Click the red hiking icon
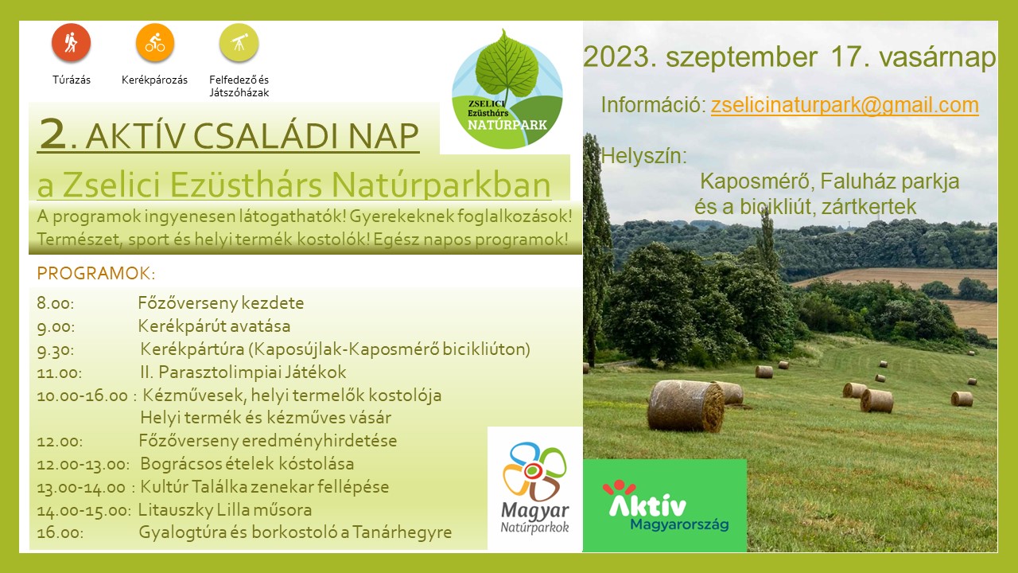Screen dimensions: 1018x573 point(71,42)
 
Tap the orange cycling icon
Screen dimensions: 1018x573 point(155,42)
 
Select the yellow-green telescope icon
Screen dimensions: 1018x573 point(239,42)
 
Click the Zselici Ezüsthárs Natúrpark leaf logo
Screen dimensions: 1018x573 point(507,90)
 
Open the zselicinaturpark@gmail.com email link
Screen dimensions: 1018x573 point(845,105)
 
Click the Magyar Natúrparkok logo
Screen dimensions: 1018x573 point(534,488)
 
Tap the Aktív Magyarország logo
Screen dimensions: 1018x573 point(665,505)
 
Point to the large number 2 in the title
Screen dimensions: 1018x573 point(52,133)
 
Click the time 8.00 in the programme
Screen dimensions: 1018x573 point(56,303)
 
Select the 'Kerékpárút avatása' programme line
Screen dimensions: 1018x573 point(214,326)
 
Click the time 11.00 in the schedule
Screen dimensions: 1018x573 point(60,372)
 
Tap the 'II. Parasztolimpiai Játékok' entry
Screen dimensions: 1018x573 point(243,372)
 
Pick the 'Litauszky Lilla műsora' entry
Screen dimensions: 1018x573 point(225,510)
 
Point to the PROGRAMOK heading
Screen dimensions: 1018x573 point(96,273)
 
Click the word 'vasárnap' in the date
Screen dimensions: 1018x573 point(938,58)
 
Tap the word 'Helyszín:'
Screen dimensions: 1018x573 point(644,156)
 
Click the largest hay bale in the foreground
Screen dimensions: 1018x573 point(686,405)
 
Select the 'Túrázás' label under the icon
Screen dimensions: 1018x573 point(72,80)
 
